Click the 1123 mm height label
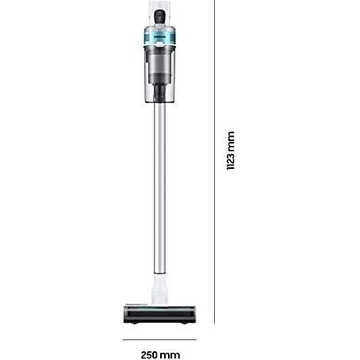click(231, 151)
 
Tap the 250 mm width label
click(160, 354)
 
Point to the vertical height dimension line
click(214, 162)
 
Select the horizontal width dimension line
click(159, 339)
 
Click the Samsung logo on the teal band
click(159, 37)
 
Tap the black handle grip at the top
click(159, 17)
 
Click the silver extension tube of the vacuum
click(160, 188)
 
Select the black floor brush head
click(159, 315)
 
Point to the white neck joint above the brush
click(159, 289)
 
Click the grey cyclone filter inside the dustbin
click(159, 64)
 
